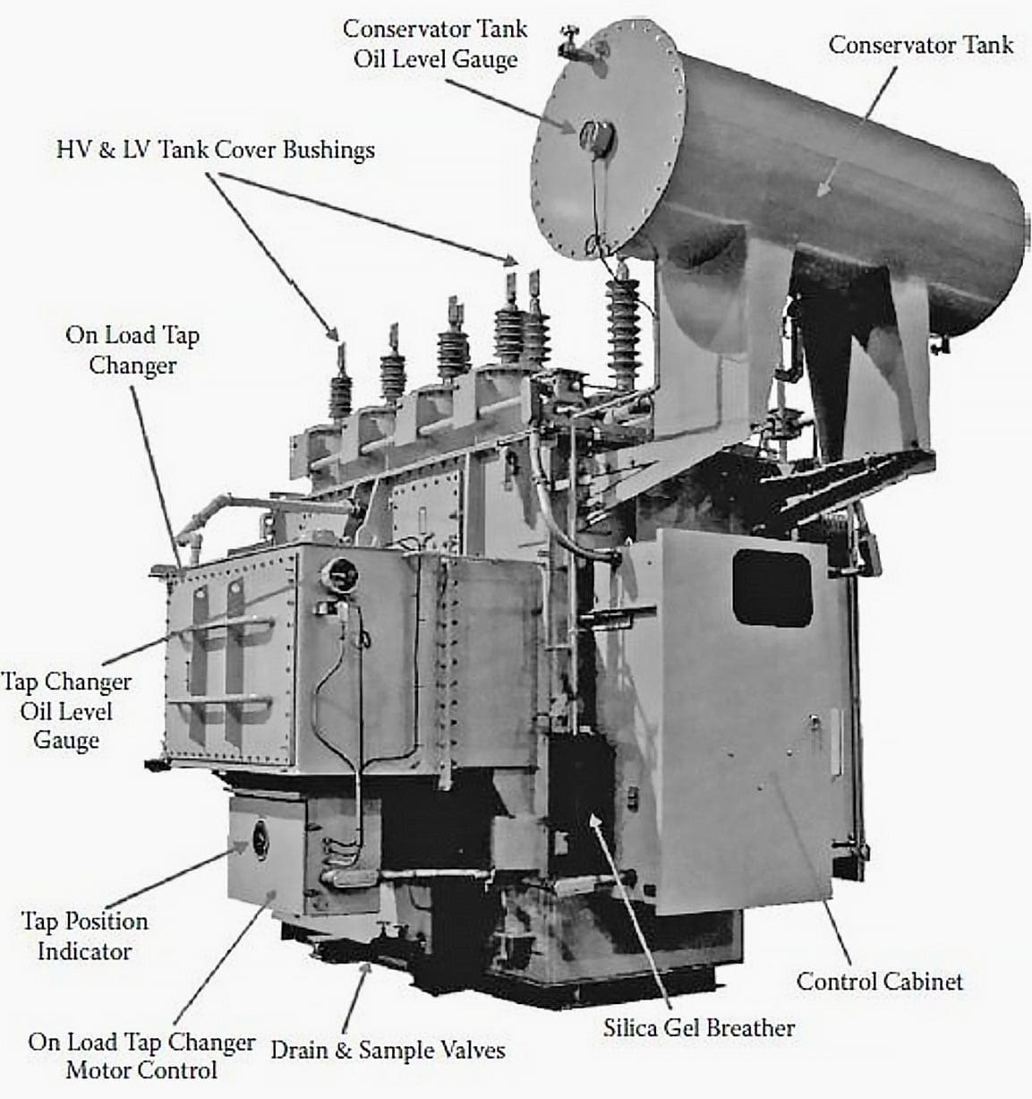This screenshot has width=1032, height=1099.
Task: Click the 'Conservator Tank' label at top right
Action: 920,45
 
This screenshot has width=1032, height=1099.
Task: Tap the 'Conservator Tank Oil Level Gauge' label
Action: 435,44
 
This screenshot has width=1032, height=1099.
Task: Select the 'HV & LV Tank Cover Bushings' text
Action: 216,150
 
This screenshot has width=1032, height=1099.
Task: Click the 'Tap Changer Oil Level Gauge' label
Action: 65,711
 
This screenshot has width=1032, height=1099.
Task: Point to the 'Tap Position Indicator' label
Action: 84,936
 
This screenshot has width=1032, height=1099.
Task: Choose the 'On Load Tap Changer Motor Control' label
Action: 141,1056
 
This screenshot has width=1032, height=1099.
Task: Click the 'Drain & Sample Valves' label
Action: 388,1051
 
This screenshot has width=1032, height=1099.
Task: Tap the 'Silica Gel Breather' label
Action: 698,1027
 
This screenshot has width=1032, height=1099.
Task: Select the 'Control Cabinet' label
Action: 879,981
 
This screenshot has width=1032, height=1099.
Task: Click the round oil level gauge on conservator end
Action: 593,136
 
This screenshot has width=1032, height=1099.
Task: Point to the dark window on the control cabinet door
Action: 772,588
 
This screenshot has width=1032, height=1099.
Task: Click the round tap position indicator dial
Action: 260,837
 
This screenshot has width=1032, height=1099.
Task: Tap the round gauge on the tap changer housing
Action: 341,572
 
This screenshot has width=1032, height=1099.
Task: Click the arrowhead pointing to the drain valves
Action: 362,970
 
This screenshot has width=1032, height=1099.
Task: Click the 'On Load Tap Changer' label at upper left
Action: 132,350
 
